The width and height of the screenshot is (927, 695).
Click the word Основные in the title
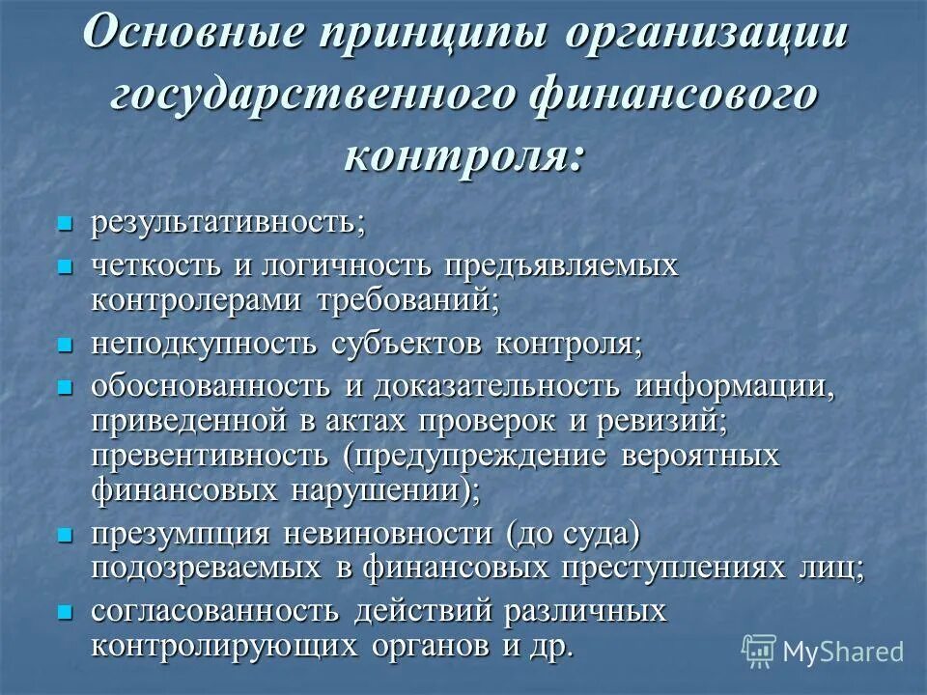pos(197,37)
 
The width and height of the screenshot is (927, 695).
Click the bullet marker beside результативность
pos(66,224)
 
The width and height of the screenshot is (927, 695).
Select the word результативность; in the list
pos(229,223)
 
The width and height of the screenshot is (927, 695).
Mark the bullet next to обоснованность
pos(66,386)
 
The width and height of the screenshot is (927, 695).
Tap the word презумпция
pos(180,533)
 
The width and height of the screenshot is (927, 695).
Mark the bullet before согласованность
pos(66,611)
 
